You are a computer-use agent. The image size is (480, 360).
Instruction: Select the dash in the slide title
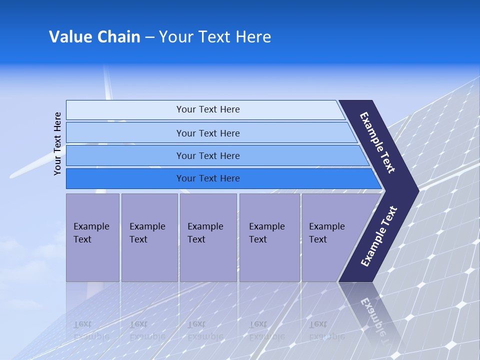pyautogui.click(x=149, y=37)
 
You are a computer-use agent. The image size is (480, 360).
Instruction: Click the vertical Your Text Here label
pyautogui.click(x=57, y=143)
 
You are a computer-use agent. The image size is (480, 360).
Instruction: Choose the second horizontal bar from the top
pyautogui.click(x=207, y=133)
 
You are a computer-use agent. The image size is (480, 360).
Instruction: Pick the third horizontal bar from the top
pyautogui.click(x=207, y=155)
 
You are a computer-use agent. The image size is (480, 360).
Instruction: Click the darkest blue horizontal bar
pyautogui.click(x=207, y=178)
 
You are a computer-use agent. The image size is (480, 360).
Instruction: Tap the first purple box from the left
pyautogui.click(x=92, y=237)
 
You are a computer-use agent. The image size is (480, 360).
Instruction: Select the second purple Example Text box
pyautogui.click(x=149, y=237)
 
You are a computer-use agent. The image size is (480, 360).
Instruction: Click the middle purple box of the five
pyautogui.click(x=208, y=237)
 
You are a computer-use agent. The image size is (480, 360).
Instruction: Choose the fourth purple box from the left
pyautogui.click(x=269, y=237)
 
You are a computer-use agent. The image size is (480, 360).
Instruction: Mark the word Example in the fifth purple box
pyautogui.click(x=327, y=226)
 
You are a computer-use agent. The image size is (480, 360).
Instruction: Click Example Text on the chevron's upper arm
pyautogui.click(x=378, y=142)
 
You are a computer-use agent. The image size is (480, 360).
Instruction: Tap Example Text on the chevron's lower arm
pyautogui.click(x=379, y=236)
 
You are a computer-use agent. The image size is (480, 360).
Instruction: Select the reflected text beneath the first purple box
pyautogui.click(x=91, y=330)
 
